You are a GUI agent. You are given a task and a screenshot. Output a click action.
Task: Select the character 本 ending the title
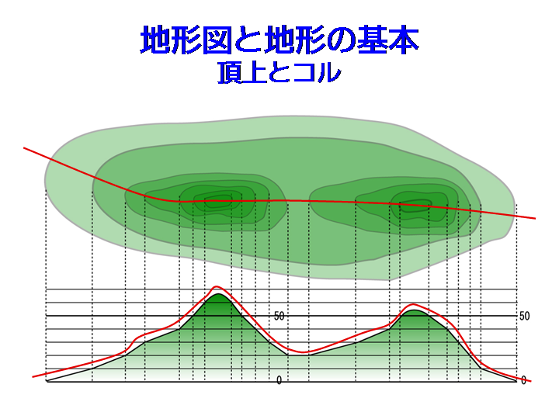pos(403,40)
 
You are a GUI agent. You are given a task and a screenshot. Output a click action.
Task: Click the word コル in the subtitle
pos(318,72)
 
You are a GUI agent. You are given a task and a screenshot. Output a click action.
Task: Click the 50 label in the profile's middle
pos(279,316)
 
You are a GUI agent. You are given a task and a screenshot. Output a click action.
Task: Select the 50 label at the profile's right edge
pos(524,316)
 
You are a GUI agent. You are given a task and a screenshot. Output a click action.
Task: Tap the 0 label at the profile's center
pos(279,380)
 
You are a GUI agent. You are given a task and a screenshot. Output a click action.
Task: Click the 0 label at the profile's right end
pos(523,380)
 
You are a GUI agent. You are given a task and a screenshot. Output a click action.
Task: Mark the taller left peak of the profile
pos(217,294)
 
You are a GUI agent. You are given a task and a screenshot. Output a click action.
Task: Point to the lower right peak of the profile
pos(414,310)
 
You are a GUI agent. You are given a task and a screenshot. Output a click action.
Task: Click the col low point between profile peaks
pos(299,355)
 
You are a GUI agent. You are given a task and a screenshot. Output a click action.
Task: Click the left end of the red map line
pos(24,147)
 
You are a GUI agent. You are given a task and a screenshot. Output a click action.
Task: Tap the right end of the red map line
pos(536,218)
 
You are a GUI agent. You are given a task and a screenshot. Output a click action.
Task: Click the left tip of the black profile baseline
pos(47,382)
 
